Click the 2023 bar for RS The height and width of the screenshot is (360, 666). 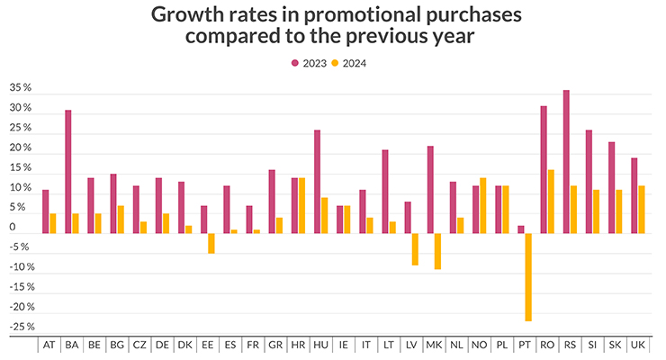point(566,162)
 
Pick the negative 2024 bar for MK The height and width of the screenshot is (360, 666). point(437,251)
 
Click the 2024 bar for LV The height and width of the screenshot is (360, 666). point(415,249)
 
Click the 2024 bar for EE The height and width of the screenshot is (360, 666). point(211,243)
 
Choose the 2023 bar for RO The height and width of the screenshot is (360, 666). point(543,170)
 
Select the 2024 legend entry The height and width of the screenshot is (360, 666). point(350,63)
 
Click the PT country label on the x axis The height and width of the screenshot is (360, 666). point(524,345)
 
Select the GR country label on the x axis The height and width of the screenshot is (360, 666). point(275,345)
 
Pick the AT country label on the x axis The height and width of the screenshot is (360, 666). point(49,345)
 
